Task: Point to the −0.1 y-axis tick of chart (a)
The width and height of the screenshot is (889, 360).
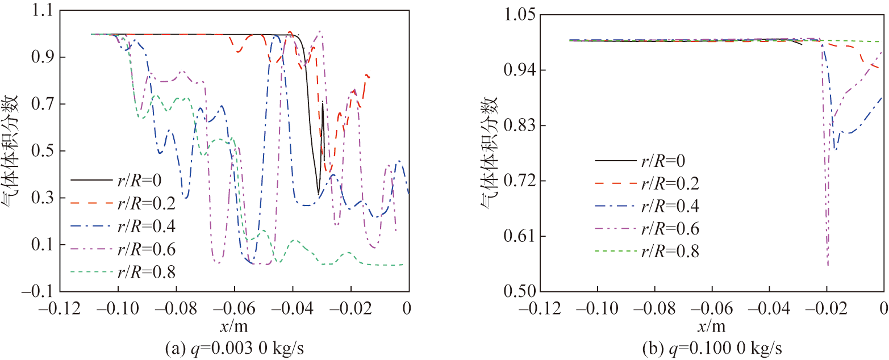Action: pos(37,291)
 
